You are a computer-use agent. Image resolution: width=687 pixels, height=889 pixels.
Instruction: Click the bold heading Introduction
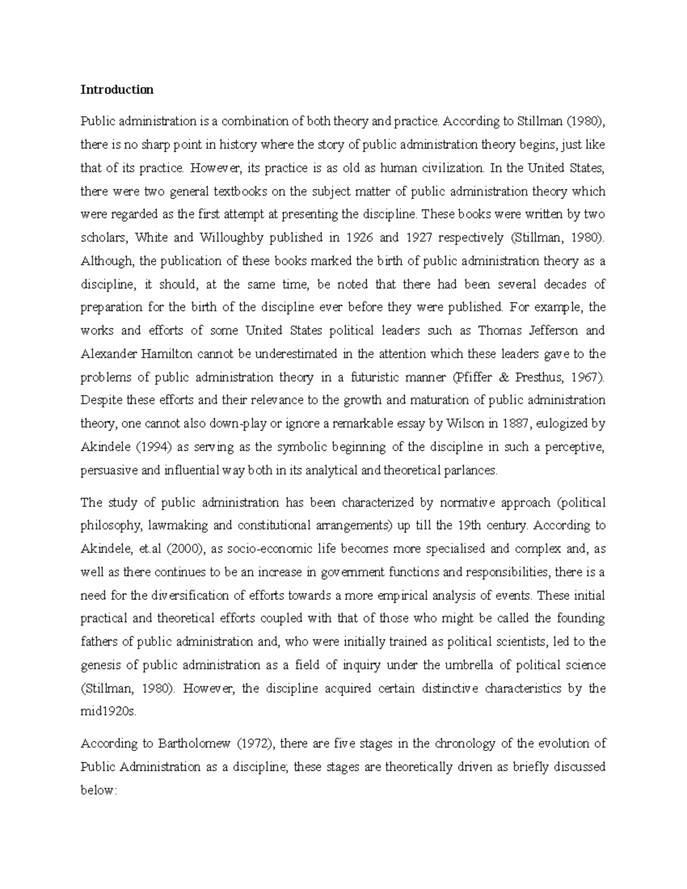(x=117, y=90)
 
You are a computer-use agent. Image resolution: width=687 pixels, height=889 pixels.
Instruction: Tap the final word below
(x=98, y=791)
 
